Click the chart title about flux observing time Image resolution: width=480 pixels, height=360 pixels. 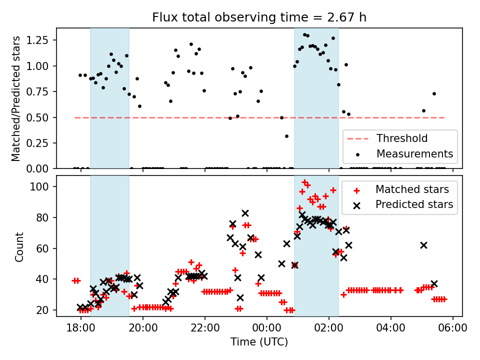click(x=259, y=17)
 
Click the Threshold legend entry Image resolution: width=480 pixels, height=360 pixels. click(x=402, y=138)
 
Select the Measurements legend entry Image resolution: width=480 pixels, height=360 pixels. click(x=414, y=153)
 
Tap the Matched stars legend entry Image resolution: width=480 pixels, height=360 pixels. click(x=412, y=189)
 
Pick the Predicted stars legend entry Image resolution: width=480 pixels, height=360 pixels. click(x=414, y=204)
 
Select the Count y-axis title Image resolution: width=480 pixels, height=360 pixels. click(x=19, y=246)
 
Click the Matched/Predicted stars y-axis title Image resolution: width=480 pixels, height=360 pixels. click(x=16, y=98)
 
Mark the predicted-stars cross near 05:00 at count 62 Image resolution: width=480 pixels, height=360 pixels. click(x=423, y=245)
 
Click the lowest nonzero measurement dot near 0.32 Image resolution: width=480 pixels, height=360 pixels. click(x=286, y=136)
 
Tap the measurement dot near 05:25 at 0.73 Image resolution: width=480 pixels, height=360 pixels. click(x=434, y=93)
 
